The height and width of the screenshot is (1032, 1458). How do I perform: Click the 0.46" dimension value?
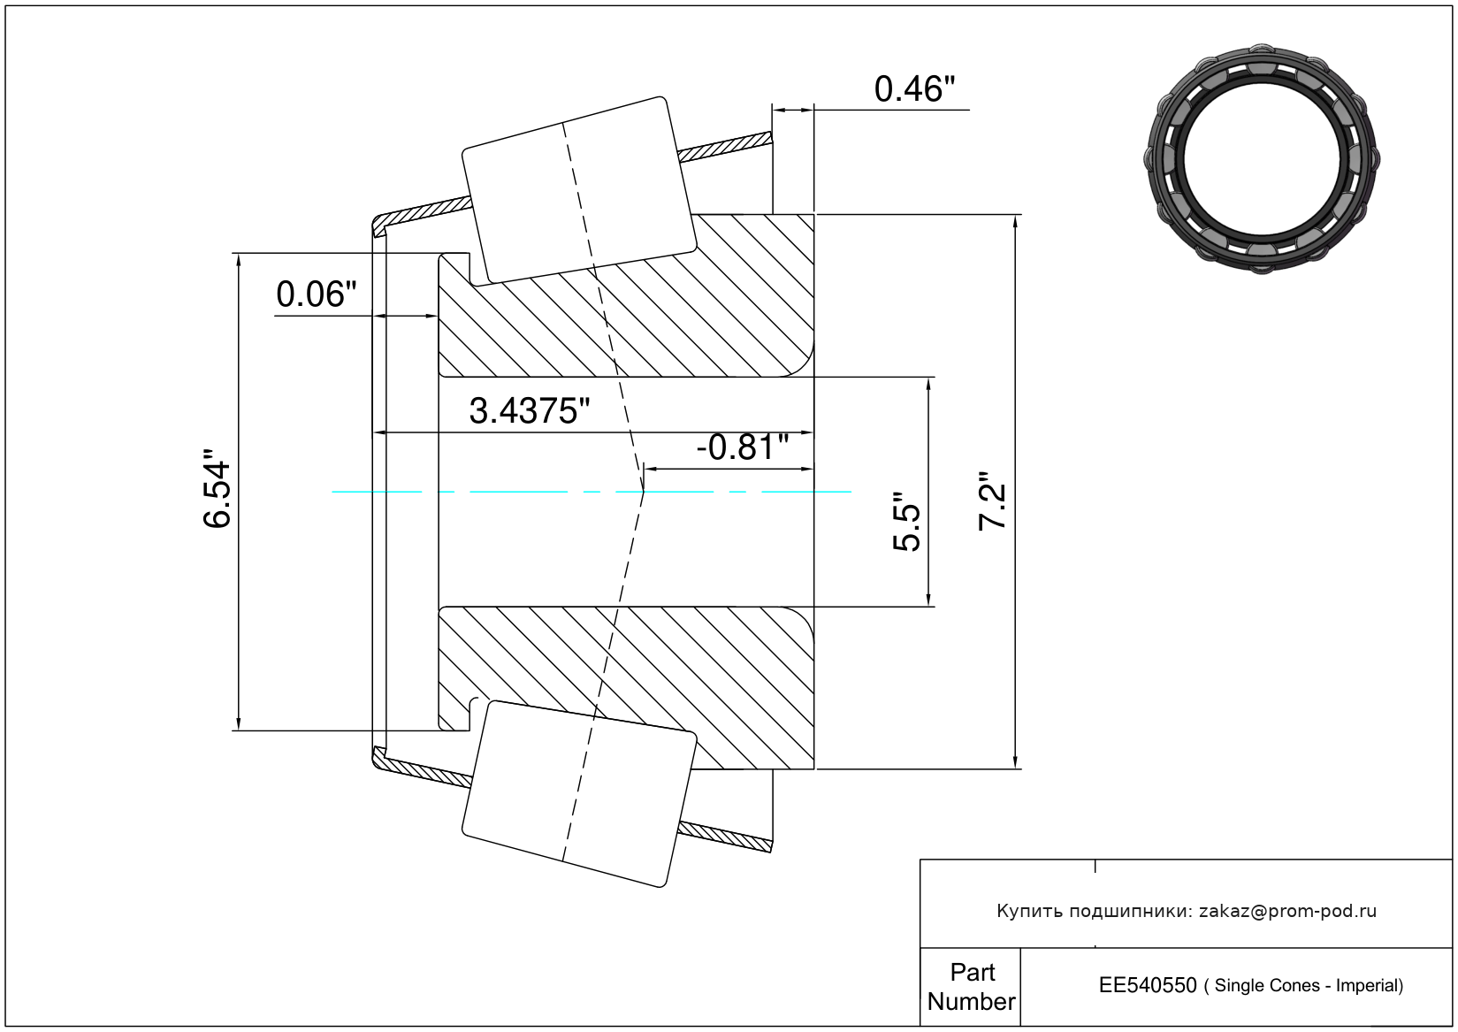coord(914,89)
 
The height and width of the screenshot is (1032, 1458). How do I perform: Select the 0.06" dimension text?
coord(317,294)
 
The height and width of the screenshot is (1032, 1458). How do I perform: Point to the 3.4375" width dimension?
coord(529,411)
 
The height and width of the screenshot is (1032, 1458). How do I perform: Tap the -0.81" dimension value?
coord(743,447)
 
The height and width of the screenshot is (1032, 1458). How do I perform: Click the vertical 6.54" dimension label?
coord(217,488)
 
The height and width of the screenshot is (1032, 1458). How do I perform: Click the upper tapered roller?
coord(579,190)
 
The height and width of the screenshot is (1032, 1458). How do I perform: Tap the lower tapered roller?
coord(579,794)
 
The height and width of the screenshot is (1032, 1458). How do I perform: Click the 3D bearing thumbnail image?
coord(1262,158)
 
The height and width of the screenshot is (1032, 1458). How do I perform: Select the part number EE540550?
coord(1148,986)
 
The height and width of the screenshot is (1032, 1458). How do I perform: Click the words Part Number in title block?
coord(971,987)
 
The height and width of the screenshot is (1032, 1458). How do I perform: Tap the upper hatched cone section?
coord(626,296)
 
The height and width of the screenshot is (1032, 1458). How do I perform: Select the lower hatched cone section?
coord(626,688)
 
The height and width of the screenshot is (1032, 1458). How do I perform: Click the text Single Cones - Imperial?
coord(1308,986)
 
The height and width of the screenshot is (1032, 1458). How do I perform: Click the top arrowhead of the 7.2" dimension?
coord(1015,221)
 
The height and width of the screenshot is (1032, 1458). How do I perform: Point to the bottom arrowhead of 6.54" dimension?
coord(239,724)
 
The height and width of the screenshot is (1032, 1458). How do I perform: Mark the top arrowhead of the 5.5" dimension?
coord(928,384)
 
